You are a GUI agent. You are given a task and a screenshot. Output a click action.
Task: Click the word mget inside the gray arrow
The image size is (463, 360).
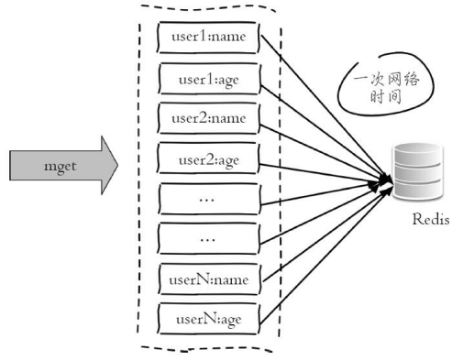point(61,167)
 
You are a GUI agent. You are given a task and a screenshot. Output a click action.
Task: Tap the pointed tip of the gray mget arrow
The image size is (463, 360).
point(117,165)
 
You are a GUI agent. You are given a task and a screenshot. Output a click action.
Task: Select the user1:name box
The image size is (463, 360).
point(208,38)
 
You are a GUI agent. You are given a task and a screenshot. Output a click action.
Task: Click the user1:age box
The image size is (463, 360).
point(209,79)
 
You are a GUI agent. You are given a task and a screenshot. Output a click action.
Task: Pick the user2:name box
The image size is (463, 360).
point(209,118)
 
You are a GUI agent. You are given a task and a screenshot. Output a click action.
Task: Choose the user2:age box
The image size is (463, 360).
point(208,158)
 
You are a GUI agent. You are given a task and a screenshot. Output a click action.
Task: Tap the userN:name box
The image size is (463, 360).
point(210,279)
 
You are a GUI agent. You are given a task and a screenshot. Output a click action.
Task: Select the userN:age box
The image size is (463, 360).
point(209,319)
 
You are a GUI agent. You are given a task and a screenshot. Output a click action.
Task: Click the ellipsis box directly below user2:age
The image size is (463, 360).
point(209,199)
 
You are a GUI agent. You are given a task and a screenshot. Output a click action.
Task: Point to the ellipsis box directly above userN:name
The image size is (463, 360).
point(208,238)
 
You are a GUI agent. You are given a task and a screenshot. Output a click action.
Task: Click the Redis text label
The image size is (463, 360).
point(431,219)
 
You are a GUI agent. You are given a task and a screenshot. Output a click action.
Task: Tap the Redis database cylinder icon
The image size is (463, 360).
point(418,171)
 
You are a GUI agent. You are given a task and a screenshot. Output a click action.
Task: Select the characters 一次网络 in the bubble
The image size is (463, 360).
point(387,80)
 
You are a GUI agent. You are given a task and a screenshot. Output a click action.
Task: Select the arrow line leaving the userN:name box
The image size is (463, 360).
point(325,233)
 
